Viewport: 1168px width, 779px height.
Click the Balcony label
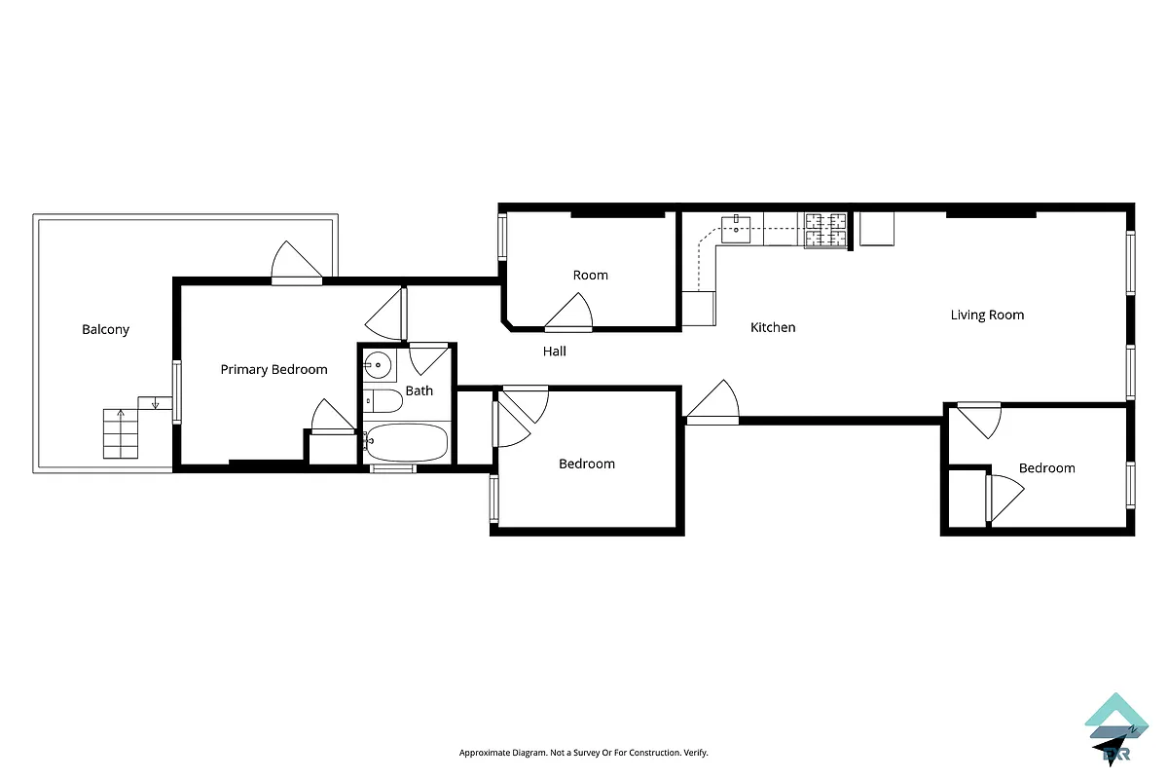tap(105, 330)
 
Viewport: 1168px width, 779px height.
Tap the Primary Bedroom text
tap(274, 369)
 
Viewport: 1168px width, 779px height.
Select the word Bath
tap(420, 390)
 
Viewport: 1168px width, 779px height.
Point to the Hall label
tap(555, 351)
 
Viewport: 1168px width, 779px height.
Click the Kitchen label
tap(773, 327)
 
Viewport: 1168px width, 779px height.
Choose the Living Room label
tap(987, 315)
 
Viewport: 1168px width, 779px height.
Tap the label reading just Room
tap(590, 275)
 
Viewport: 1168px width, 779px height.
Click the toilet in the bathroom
tap(383, 401)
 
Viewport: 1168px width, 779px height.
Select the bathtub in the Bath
tap(406, 443)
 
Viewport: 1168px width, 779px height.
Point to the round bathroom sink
tap(378, 366)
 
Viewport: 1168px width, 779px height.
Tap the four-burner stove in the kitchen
tap(825, 231)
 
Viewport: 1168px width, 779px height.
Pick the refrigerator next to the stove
tap(875, 229)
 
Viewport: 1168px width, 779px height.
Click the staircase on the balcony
tap(120, 433)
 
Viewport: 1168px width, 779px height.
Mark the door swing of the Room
tap(569, 313)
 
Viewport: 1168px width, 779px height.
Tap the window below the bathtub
tap(394, 468)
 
